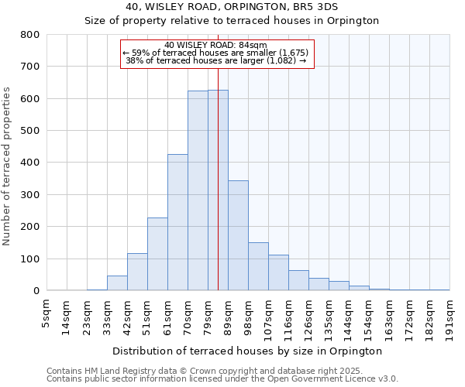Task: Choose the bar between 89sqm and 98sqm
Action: (x=238, y=235)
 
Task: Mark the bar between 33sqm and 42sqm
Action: (x=117, y=283)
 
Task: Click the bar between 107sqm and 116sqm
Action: (x=278, y=272)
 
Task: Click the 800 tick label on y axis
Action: (x=30, y=35)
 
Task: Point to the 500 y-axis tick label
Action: (x=30, y=131)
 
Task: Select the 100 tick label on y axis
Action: (x=30, y=259)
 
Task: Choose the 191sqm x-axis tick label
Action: (x=449, y=316)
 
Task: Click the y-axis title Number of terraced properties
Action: (x=8, y=166)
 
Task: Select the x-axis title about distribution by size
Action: (x=247, y=351)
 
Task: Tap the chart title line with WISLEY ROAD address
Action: (x=232, y=6)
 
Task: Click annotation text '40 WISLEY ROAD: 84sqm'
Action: (x=216, y=45)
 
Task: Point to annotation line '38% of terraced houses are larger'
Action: (x=216, y=60)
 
